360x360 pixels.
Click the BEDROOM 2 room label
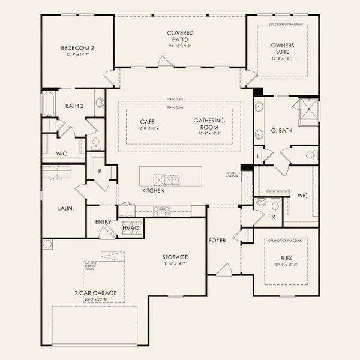tap(77, 48)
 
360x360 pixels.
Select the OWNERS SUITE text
tap(282, 48)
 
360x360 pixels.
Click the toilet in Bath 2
tap(95, 143)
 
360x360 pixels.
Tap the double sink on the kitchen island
tap(172, 179)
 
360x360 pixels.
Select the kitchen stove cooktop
tap(162, 211)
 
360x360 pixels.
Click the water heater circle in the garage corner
tap(48, 244)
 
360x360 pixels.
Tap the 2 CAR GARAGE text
tap(95, 293)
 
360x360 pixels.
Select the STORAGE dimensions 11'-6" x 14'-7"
tap(175, 263)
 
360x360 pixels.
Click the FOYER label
tap(217, 241)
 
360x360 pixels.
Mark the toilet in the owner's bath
tap(310, 155)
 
